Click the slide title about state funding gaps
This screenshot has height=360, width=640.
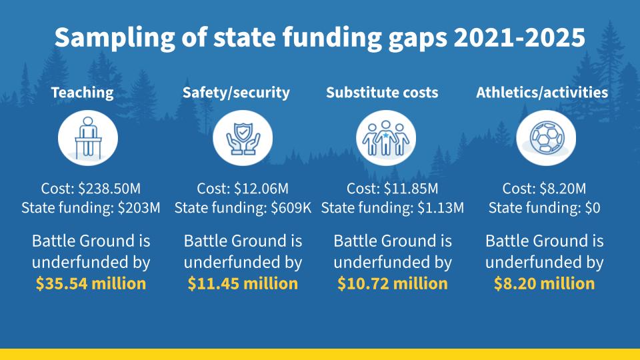pos(320,37)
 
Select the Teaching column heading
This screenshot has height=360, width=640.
pos(83,93)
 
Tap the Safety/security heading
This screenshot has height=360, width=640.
pos(236,93)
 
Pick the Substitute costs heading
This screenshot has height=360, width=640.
pos(382,93)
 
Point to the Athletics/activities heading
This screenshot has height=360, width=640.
pos(542,93)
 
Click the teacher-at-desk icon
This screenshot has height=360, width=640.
pos(87,138)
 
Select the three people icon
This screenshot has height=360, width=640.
pos(386,138)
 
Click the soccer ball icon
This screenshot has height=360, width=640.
pos(546,138)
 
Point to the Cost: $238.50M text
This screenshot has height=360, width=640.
pos(91,189)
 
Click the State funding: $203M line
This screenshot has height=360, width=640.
pos(91,208)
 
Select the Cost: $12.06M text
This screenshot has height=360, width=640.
pos(243,189)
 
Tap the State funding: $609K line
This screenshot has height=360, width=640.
pos(243,208)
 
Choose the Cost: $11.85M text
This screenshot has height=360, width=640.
pos(393,189)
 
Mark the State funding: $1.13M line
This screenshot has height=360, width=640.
pos(393,208)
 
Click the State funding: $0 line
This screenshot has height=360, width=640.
pos(545,208)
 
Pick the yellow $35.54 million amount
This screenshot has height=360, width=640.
pos(91,283)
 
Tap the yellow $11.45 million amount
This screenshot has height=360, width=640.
pos(243,283)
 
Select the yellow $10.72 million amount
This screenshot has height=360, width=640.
pos(393,283)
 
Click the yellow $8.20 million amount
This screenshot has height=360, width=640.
pos(545,283)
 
